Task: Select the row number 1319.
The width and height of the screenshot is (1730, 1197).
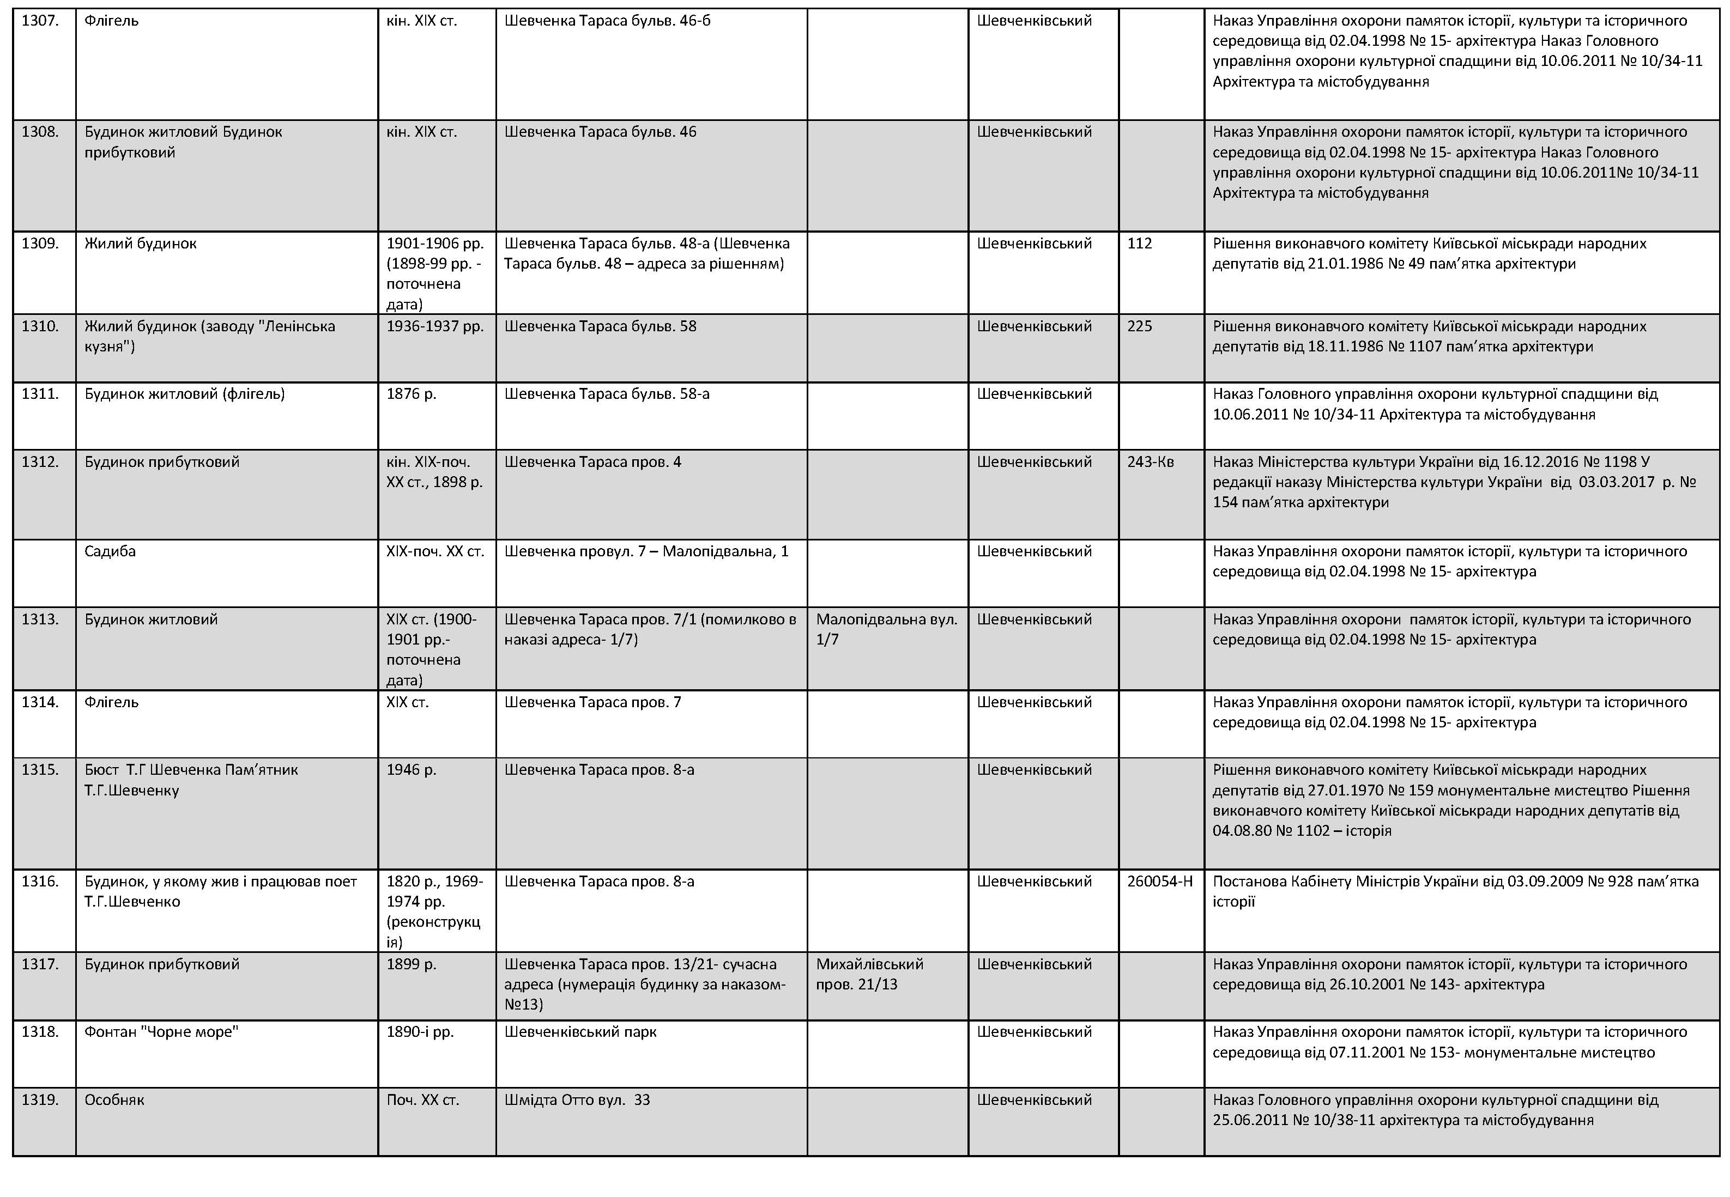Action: tap(40, 1099)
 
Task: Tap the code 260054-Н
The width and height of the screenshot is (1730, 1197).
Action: tap(1159, 881)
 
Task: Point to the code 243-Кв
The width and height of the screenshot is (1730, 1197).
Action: tap(1150, 462)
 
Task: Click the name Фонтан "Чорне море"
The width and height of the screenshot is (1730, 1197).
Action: tap(161, 1032)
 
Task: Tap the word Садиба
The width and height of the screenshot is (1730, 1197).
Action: tap(110, 551)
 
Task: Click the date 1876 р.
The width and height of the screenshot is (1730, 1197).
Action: tap(411, 394)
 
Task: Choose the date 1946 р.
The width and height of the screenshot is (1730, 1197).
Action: tap(411, 769)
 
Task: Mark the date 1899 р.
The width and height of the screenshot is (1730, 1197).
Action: tap(411, 964)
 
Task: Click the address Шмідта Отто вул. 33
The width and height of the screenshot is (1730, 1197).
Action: tap(577, 1099)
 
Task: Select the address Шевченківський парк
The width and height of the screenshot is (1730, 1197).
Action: tap(580, 1032)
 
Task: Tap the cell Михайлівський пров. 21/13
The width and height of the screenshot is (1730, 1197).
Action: tap(869, 974)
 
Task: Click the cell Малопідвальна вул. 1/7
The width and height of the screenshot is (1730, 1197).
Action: tap(887, 629)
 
